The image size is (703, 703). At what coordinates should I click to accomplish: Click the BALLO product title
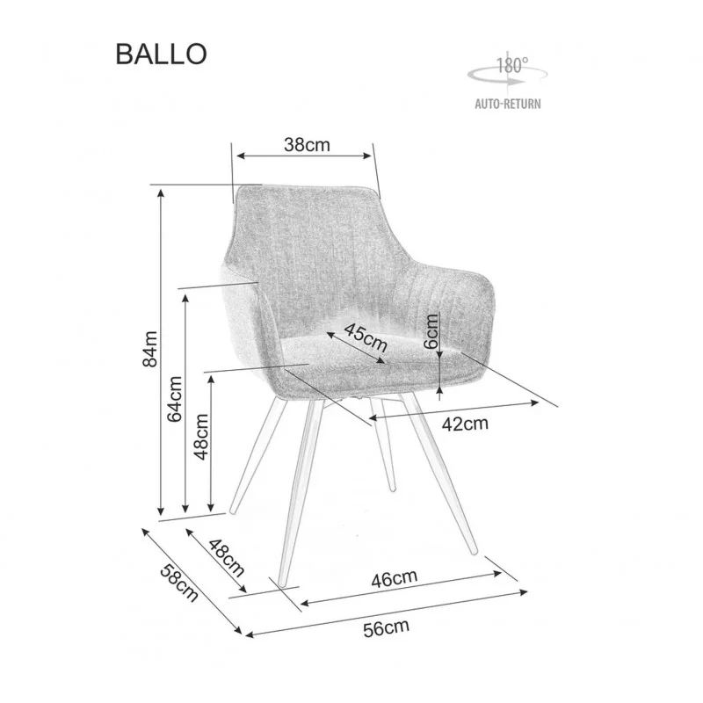click(x=162, y=54)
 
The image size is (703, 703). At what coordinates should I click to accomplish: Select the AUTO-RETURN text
click(x=508, y=104)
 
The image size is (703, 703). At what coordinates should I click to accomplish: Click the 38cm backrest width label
click(x=307, y=144)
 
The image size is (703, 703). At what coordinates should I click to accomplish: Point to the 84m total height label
click(x=150, y=349)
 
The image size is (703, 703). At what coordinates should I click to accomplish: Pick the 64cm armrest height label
click(x=174, y=399)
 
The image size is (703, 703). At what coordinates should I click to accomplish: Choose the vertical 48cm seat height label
click(x=201, y=437)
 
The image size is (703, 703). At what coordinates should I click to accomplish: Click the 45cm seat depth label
click(x=366, y=337)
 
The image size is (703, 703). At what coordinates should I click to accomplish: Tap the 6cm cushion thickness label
click(x=431, y=331)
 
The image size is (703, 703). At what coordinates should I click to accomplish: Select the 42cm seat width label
click(x=465, y=424)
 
